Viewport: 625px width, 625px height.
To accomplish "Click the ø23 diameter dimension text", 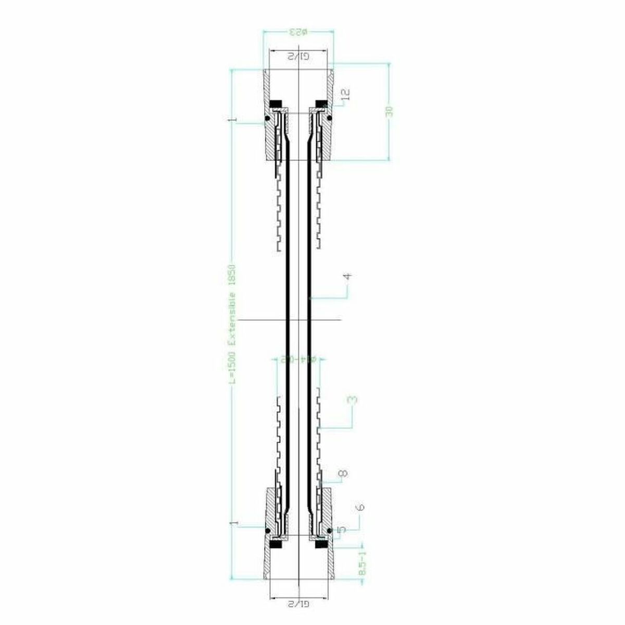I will pyautogui.click(x=298, y=33).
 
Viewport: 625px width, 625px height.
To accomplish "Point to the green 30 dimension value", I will pyautogui.click(x=389, y=111).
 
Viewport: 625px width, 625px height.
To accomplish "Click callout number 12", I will pyautogui.click(x=345, y=94).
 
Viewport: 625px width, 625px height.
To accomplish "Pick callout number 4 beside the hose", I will pyautogui.click(x=348, y=277).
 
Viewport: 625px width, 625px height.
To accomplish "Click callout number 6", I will pyautogui.click(x=361, y=506).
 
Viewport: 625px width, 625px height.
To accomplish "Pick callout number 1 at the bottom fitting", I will pyautogui.click(x=236, y=522).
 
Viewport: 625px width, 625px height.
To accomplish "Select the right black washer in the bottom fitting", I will pyautogui.click(x=321, y=545).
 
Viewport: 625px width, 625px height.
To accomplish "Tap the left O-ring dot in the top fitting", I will pyautogui.click(x=267, y=118).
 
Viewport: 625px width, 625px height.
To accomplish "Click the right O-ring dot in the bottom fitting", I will pyautogui.click(x=330, y=531).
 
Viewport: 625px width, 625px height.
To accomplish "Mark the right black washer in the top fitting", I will pyautogui.click(x=321, y=102).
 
